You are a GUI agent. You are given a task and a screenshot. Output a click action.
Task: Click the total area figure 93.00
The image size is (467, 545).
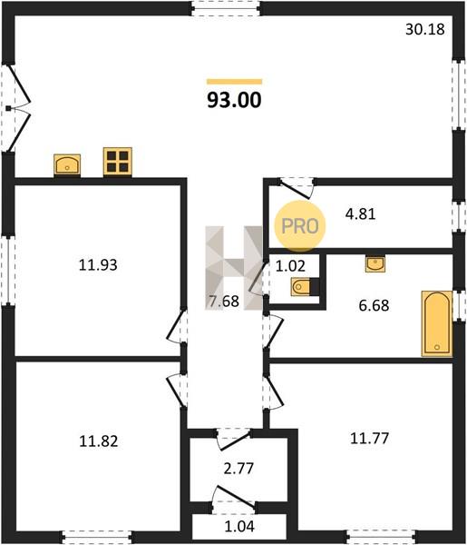pyautogui.click(x=234, y=100)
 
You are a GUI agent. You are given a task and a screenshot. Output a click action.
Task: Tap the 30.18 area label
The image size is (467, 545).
pyautogui.click(x=425, y=29)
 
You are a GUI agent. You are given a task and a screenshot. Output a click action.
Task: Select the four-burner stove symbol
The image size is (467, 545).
pyautogui.click(x=118, y=162)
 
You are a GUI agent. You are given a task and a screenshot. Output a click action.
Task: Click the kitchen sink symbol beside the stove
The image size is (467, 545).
pyautogui.click(x=67, y=164)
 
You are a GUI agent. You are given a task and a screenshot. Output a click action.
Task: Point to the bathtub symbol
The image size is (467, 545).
pyautogui.click(x=437, y=324)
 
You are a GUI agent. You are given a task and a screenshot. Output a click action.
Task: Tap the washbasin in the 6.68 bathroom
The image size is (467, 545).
pyautogui.click(x=375, y=263)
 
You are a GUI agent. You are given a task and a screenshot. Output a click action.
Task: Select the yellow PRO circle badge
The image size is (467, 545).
pyautogui.click(x=300, y=226)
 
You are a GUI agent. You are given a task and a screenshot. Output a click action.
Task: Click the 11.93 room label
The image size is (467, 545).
pyautogui.click(x=98, y=265)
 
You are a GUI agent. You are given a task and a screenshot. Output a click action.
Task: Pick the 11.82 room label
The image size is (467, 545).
pyautogui.click(x=99, y=441)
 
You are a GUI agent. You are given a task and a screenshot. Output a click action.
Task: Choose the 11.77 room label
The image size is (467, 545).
pyautogui.click(x=369, y=439)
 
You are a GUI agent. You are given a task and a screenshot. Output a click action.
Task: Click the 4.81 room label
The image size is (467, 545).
pyautogui.click(x=361, y=214)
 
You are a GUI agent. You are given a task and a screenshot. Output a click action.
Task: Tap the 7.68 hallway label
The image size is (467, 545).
pyautogui.click(x=224, y=302)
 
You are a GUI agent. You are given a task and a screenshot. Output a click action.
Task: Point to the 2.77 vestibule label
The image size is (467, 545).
pyautogui.click(x=238, y=469)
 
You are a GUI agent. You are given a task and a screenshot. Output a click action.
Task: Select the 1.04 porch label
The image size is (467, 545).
pyautogui.click(x=239, y=527)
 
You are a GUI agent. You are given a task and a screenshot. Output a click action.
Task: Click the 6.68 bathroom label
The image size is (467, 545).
pyautogui.click(x=374, y=305)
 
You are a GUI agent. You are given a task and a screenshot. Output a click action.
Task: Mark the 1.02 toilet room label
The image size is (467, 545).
pyautogui.click(x=290, y=266)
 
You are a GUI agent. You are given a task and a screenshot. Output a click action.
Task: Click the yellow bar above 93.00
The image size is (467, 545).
pyautogui.click(x=235, y=82)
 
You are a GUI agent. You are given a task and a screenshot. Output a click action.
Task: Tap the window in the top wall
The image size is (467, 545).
pyautogui.click(x=226, y=8)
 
